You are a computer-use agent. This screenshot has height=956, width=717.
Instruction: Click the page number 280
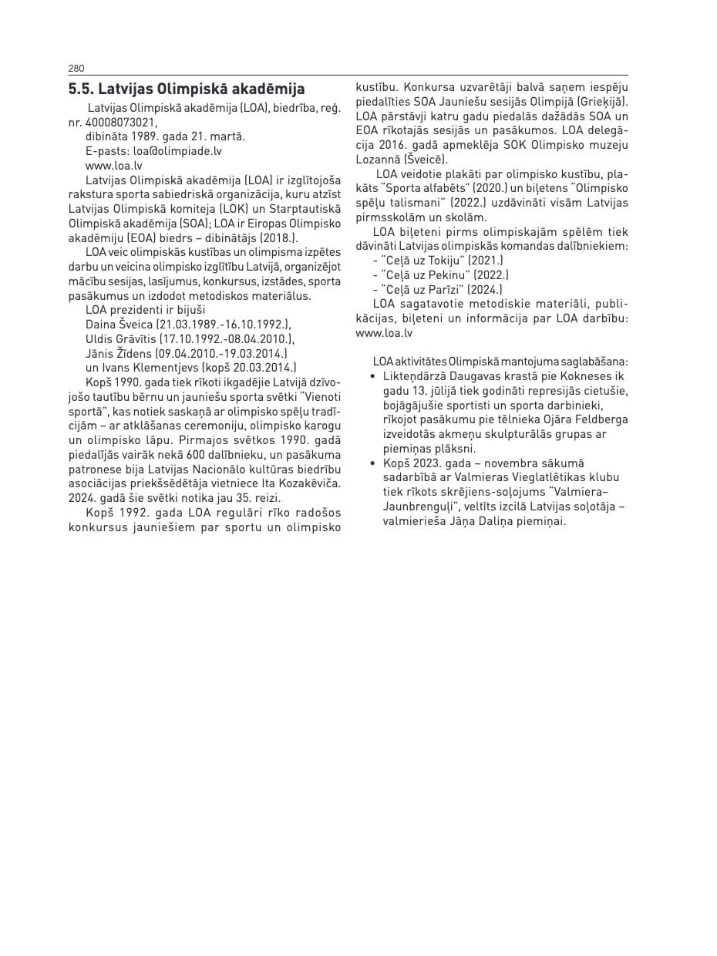[76, 68]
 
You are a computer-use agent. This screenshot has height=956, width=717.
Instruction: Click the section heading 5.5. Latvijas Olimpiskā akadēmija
[187, 89]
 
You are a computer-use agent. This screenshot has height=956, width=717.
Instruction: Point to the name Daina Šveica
[119, 325]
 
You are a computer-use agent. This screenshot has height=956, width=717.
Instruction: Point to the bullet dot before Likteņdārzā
[373, 377]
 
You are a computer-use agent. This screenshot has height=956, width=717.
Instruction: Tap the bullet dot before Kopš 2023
[373, 463]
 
